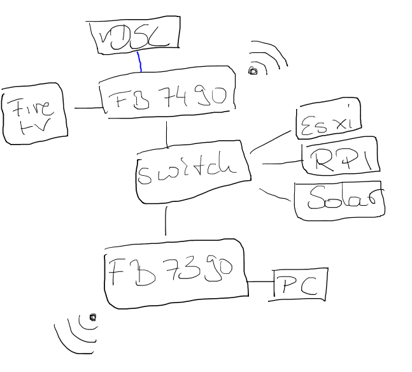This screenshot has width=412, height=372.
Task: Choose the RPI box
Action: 340,159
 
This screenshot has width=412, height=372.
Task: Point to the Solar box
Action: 339,201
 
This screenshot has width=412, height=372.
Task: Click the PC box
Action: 300,285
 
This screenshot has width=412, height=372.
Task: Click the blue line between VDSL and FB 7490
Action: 139,61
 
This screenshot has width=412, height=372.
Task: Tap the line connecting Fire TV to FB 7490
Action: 88,108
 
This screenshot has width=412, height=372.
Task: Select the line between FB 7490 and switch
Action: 166,134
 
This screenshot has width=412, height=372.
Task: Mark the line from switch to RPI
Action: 280,163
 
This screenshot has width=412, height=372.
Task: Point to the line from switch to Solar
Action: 275,195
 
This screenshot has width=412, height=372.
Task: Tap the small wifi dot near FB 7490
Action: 253,71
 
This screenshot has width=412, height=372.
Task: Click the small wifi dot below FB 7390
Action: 92,317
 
